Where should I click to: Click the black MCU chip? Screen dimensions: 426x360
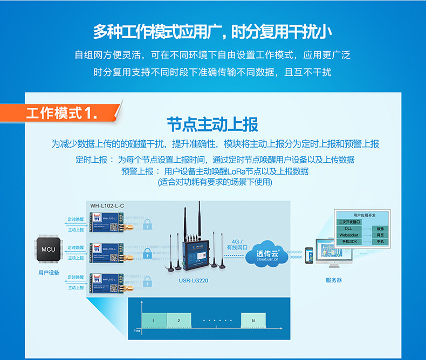[x=49, y=250]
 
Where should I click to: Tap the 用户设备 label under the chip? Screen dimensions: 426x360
[x=49, y=273]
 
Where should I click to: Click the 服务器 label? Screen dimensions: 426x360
[x=334, y=280]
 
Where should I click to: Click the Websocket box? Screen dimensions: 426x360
[x=349, y=235]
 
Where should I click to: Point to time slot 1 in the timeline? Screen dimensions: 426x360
[x=153, y=321]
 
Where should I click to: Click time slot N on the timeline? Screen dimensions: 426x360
[x=253, y=321]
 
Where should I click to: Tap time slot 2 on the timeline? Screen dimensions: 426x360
[x=177, y=321]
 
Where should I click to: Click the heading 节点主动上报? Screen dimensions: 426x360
[x=212, y=124]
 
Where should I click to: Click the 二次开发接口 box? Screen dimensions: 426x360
[x=349, y=221]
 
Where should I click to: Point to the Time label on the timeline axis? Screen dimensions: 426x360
[x=137, y=330]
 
